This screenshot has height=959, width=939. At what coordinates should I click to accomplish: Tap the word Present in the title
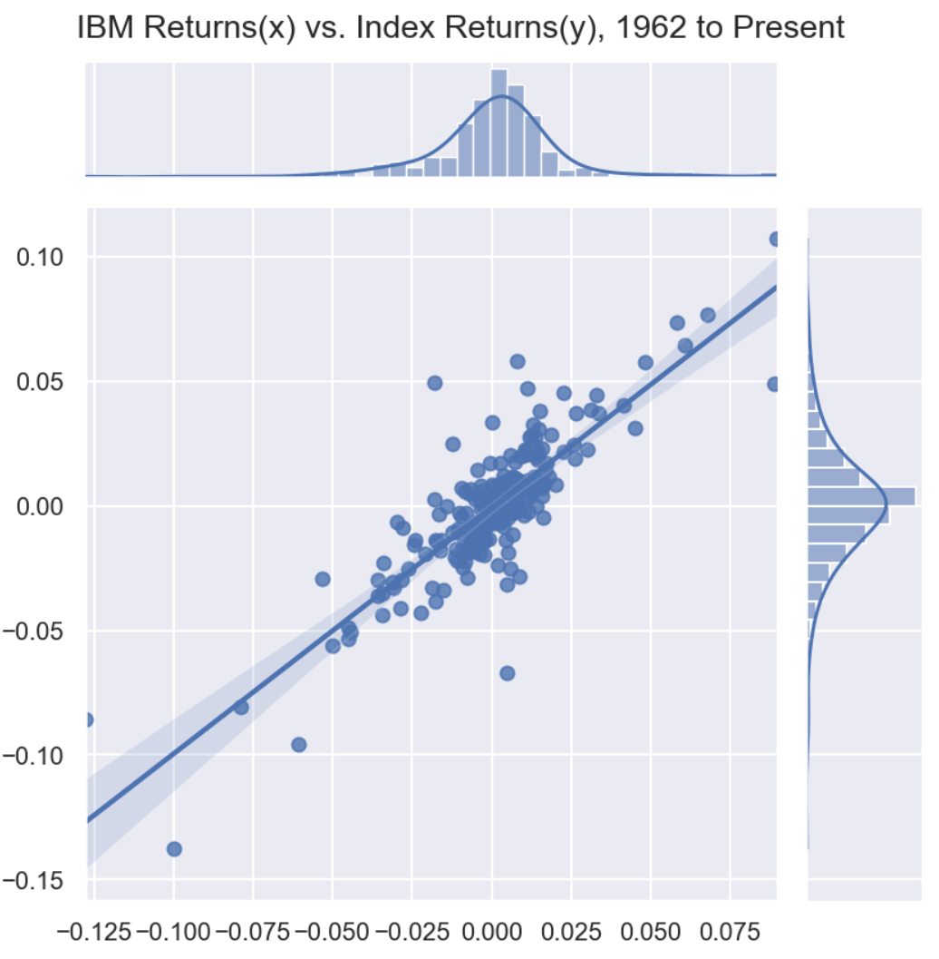[788, 27]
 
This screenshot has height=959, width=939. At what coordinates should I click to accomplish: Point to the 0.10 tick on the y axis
[41, 258]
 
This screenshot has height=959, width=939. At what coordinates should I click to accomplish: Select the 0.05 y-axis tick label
[41, 382]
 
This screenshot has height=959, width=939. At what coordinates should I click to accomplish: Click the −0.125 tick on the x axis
[85, 932]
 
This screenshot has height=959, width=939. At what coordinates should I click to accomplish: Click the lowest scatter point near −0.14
[174, 849]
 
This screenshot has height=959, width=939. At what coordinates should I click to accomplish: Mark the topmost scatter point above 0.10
[775, 240]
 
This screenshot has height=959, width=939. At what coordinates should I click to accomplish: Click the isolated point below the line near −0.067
[507, 673]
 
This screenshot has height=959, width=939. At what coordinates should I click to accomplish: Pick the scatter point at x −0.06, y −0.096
[298, 745]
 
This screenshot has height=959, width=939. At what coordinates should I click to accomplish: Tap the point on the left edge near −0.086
[88, 719]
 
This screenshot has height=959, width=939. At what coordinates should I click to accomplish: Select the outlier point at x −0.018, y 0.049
[435, 383]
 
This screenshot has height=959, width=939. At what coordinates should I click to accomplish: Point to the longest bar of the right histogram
[861, 496]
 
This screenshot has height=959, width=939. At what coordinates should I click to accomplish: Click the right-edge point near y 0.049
[774, 384]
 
